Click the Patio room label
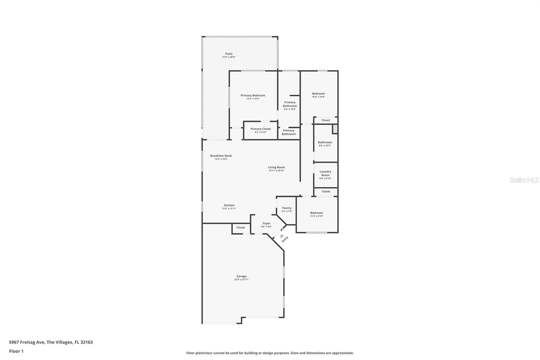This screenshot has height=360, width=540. pos(229,54)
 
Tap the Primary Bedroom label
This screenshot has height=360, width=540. pos(253,95)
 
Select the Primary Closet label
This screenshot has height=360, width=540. pos(261,129)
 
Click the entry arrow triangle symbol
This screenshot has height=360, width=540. pos(282,236)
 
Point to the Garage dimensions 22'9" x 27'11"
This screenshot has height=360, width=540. pos(241,280)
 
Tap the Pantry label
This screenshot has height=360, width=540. pos(287,208)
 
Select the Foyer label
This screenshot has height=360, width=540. pos(266,223)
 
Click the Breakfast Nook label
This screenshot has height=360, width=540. pos(221,156)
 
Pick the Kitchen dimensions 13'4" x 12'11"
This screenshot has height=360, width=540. pos(229,209)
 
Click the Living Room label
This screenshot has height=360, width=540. pos(276,167)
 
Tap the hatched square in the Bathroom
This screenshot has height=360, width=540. pos(335,129)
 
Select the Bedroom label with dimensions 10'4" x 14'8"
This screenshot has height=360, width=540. pos(318,94)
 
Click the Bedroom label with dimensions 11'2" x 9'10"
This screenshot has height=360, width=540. pos(317,213)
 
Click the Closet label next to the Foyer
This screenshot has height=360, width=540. pos(241,227)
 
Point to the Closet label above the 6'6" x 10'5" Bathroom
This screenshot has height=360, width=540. pos(326,120)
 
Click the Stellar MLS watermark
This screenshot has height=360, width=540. pos(524,180)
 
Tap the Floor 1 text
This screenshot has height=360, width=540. pos(16,351)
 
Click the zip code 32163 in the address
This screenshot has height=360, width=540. pos(87,342)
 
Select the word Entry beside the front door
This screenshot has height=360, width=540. pos(285,239)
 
